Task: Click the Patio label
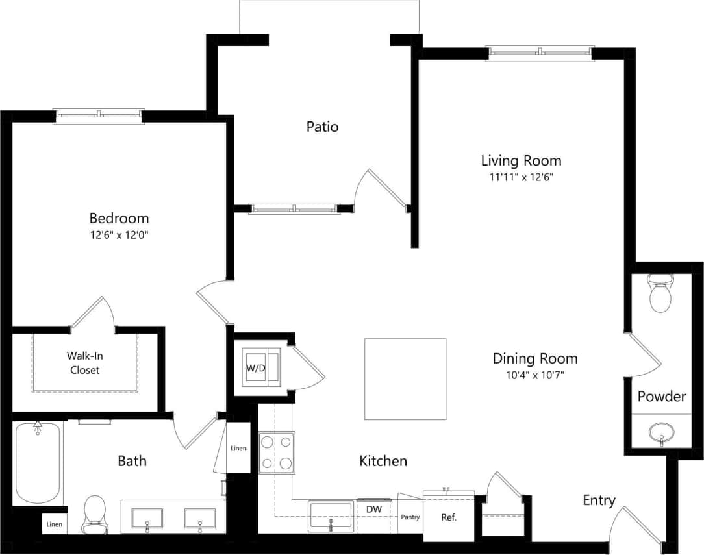pyautogui.click(x=322, y=127)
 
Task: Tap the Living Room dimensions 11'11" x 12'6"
pyautogui.click(x=521, y=177)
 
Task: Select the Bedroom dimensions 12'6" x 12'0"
pyautogui.click(x=119, y=236)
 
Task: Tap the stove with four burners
pyautogui.click(x=276, y=452)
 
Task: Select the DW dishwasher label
pyautogui.click(x=373, y=510)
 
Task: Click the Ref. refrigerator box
pyautogui.click(x=448, y=517)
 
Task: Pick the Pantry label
pyautogui.click(x=410, y=517)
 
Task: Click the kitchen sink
pyautogui.click(x=331, y=516)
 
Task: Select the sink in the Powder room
pyautogui.click(x=661, y=432)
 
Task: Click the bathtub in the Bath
pyautogui.click(x=38, y=462)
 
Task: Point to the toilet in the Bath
pyautogui.click(x=95, y=513)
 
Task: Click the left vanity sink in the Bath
pyautogui.click(x=147, y=519)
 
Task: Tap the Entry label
pyautogui.click(x=598, y=500)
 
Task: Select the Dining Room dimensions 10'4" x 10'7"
pyautogui.click(x=534, y=375)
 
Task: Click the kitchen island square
pyautogui.click(x=405, y=379)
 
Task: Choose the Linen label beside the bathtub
pyautogui.click(x=54, y=524)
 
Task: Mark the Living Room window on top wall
pyautogui.click(x=540, y=52)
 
